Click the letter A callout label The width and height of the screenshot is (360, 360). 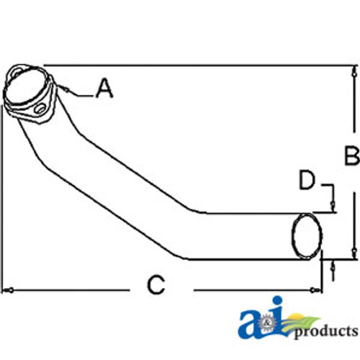tap(104, 89)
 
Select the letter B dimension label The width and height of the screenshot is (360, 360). tap(351, 155)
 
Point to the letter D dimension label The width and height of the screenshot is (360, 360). tap(307, 180)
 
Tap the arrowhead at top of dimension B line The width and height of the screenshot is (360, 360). tap(354, 71)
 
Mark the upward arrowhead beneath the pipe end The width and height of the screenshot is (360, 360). tap(333, 267)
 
